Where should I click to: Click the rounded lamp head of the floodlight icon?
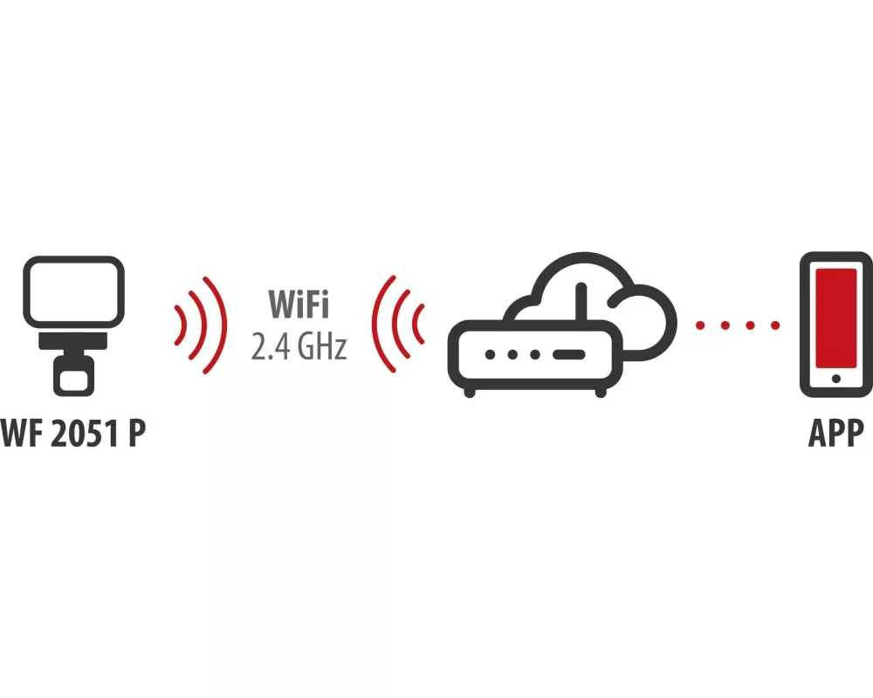(x=73, y=291)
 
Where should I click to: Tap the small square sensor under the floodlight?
(x=73, y=376)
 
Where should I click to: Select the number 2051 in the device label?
(x=86, y=433)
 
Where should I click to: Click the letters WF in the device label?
(x=23, y=433)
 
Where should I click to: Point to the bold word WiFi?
(x=299, y=304)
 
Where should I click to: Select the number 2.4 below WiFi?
(x=270, y=346)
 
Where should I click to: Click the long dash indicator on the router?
(x=568, y=355)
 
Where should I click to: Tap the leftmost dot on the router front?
(x=491, y=355)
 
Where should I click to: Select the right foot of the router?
(x=601, y=393)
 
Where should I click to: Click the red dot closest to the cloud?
(x=700, y=325)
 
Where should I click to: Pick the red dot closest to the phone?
(x=775, y=325)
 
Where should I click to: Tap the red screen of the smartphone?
(x=836, y=318)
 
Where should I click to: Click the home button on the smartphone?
(x=836, y=379)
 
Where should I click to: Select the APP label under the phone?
(x=836, y=433)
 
